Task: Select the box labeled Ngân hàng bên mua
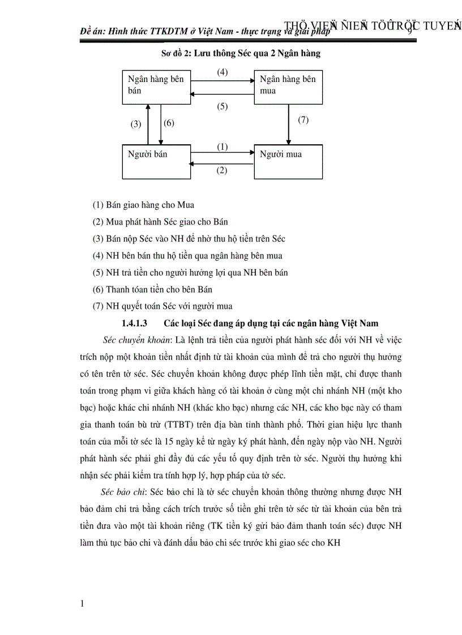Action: pyautogui.click(x=288, y=87)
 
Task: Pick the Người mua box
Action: pyautogui.click(x=288, y=162)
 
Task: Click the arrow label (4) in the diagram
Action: pyautogui.click(x=223, y=72)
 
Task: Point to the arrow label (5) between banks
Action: pyautogui.click(x=223, y=106)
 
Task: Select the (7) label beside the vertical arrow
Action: pyautogui.click(x=303, y=120)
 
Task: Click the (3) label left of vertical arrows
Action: pyautogui.click(x=136, y=124)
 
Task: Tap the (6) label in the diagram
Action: pyautogui.click(x=169, y=123)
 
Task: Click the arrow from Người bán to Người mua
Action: pyautogui.click(x=223, y=153)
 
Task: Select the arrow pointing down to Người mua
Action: pyautogui.click(x=289, y=124)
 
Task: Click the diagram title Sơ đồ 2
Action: pyautogui.click(x=241, y=54)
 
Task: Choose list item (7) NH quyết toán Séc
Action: pyautogui.click(x=162, y=306)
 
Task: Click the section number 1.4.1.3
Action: pyautogui.click(x=134, y=323)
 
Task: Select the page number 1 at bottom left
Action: pyautogui.click(x=83, y=604)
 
